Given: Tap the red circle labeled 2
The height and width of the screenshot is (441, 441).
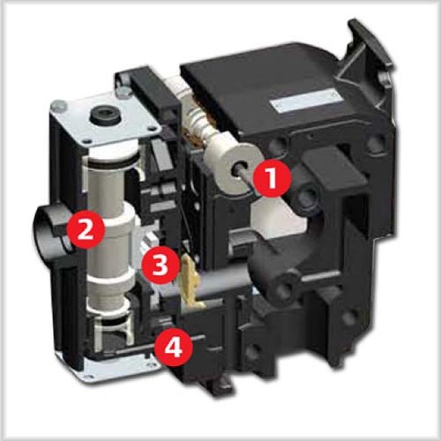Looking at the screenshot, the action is coord(85,229).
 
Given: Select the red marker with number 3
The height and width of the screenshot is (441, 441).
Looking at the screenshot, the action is coord(160,265).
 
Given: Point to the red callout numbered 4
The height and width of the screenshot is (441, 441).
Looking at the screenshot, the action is coord(174,347).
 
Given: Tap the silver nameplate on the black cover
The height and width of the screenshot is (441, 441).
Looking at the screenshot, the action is coord(306,100).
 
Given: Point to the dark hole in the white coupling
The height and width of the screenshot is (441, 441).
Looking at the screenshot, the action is coord(239,169).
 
